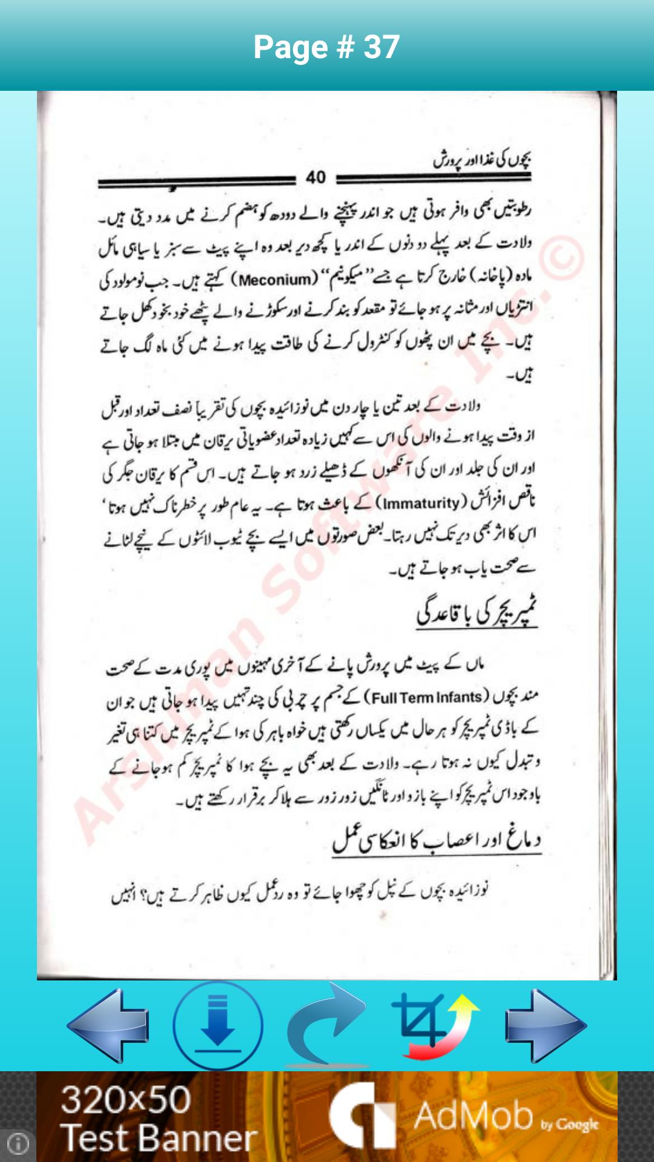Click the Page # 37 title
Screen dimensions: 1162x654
[x=326, y=47]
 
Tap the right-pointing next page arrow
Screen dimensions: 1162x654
[x=546, y=1025]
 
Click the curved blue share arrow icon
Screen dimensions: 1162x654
[x=327, y=1024]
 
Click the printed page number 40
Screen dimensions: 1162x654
[x=315, y=178]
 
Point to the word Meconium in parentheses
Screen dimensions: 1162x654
[x=278, y=280]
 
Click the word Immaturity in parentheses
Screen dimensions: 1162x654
[x=421, y=503]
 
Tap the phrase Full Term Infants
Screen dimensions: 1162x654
[x=426, y=698]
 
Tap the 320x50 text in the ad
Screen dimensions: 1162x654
[x=126, y=1099]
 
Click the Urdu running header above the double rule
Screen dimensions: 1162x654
[x=482, y=160]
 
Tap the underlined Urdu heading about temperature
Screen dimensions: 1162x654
[x=477, y=614]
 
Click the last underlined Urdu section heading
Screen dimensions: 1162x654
[x=437, y=841]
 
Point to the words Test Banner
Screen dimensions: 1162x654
[x=159, y=1138]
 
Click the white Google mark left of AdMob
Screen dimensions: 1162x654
[x=361, y=1117]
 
